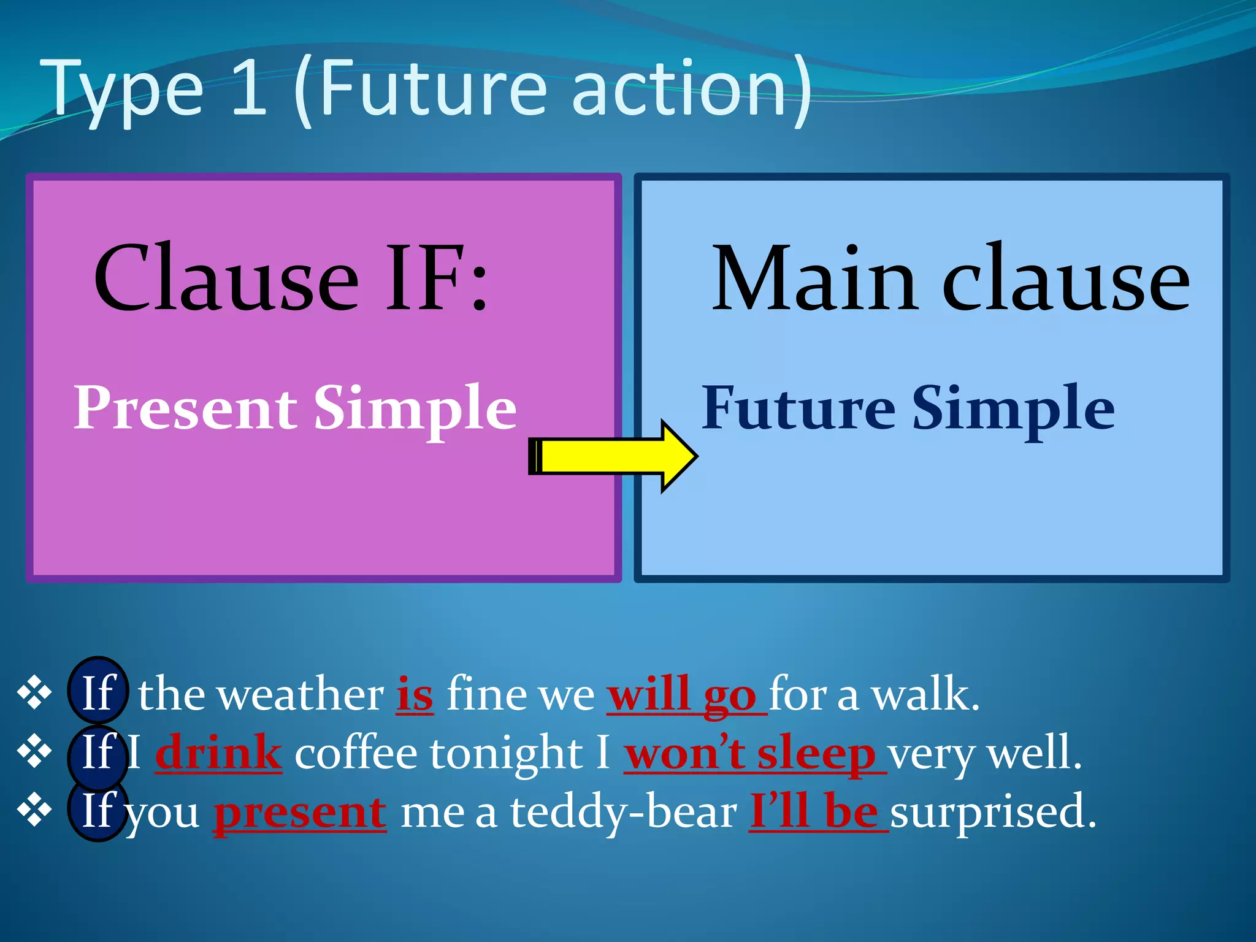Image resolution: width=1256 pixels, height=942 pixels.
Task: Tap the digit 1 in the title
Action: [x=250, y=89]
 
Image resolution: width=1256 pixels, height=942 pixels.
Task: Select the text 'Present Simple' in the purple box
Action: [x=294, y=408]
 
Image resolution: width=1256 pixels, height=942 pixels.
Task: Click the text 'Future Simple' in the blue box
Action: [x=908, y=408]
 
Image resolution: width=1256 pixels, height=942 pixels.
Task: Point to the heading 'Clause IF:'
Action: [x=291, y=279]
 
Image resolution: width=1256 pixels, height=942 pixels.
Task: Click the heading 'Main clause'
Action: [x=950, y=279]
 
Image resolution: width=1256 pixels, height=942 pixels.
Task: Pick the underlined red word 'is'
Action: [x=415, y=695]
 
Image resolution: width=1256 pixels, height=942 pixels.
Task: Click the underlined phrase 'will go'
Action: [x=686, y=695]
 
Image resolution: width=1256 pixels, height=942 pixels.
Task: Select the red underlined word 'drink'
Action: [x=218, y=753]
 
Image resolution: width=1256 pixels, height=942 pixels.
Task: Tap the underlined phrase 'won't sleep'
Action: [x=754, y=753]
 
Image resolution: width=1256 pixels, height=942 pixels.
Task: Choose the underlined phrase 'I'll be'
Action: [x=818, y=811]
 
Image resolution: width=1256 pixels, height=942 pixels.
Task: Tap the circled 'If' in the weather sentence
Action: [x=98, y=694]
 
